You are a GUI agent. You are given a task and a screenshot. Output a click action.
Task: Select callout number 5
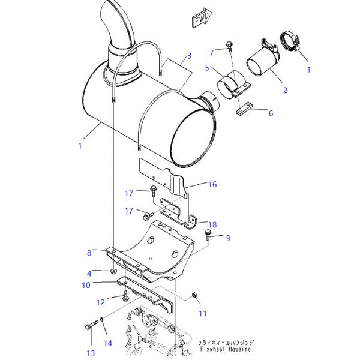(207, 68)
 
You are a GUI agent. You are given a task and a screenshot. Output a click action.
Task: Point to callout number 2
(285, 91)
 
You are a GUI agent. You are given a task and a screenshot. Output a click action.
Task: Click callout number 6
(270, 113)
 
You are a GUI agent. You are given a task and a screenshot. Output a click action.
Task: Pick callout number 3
(189, 56)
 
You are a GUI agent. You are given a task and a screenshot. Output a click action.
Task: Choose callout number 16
(212, 184)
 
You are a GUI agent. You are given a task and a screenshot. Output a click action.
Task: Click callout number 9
(228, 238)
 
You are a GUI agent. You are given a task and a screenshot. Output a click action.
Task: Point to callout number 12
(101, 302)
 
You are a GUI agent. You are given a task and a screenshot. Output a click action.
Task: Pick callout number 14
(108, 343)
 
